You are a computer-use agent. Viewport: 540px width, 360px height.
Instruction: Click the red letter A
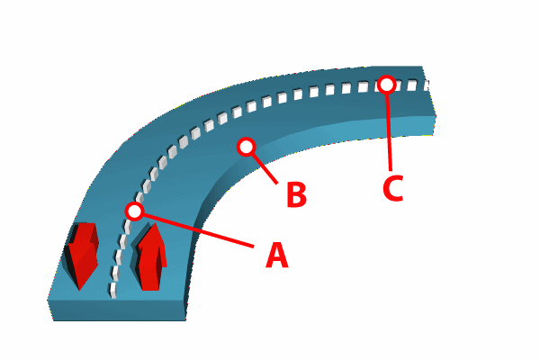[277, 255]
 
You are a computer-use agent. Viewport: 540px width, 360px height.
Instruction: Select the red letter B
[296, 194]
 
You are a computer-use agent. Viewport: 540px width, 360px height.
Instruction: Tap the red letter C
[392, 188]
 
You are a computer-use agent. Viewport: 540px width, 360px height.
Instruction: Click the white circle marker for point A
[134, 211]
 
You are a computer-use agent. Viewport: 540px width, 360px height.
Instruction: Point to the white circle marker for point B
[246, 147]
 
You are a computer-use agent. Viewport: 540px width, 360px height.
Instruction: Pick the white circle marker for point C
[386, 84]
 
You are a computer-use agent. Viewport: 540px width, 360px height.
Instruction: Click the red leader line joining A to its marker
[198, 230]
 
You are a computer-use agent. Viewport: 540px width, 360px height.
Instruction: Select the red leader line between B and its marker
[265, 168]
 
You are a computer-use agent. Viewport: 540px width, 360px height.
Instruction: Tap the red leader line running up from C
[389, 132]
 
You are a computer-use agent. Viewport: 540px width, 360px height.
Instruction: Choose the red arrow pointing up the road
[150, 257]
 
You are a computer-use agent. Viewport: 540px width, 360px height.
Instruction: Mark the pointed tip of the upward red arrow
[156, 223]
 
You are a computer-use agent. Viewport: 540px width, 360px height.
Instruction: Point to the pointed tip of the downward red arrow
[79, 289]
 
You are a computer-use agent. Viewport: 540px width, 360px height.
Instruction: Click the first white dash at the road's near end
[112, 290]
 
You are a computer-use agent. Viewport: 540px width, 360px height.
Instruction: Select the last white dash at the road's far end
[427, 85]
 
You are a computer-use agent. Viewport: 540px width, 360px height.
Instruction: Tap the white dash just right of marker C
[411, 85]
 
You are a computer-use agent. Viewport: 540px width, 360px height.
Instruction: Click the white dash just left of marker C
[363, 86]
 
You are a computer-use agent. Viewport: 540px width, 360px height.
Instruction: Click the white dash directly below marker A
[127, 227]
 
